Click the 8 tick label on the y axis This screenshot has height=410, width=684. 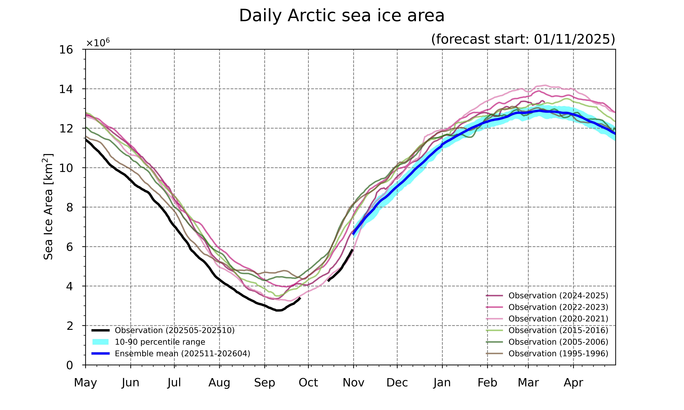pos(70,207)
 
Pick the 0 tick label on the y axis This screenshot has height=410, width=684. pos(70,365)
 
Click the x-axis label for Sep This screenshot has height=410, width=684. pos(265,383)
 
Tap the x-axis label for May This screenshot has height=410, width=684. pos(85,383)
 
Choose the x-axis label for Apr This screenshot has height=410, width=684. pos(573,383)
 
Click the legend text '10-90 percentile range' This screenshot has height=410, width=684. pos(160,342)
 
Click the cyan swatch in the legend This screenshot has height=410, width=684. pos(100,342)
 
